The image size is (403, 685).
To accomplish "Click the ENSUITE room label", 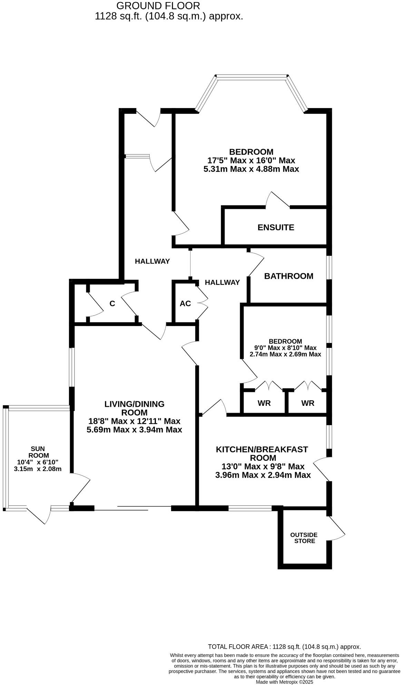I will coord(276,227).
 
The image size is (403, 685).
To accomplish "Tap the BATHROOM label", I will coord(289,276).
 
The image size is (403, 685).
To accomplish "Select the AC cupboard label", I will coord(185,303).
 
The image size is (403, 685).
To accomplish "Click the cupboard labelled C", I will coord(112,304).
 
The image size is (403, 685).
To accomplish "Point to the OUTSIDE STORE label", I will coord(304,538).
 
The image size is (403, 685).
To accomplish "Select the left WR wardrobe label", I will coord(264,403).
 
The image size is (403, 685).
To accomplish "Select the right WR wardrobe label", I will coord(308,403).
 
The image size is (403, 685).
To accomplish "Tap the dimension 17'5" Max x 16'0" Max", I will coord(251,160).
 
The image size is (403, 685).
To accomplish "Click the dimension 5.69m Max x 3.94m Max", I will coord(135,430).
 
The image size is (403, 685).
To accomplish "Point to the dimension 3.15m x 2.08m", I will coord(38,469).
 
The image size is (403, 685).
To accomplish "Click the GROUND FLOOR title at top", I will coord(158,6).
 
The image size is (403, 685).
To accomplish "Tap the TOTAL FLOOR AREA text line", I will coord(284,647).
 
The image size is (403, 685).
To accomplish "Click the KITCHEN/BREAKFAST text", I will coord(262,449).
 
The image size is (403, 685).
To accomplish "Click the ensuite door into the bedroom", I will coord(278,200).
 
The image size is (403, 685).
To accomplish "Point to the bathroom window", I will coord(330,267).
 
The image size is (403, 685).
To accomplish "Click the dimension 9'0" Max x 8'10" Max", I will coord(285,348).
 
